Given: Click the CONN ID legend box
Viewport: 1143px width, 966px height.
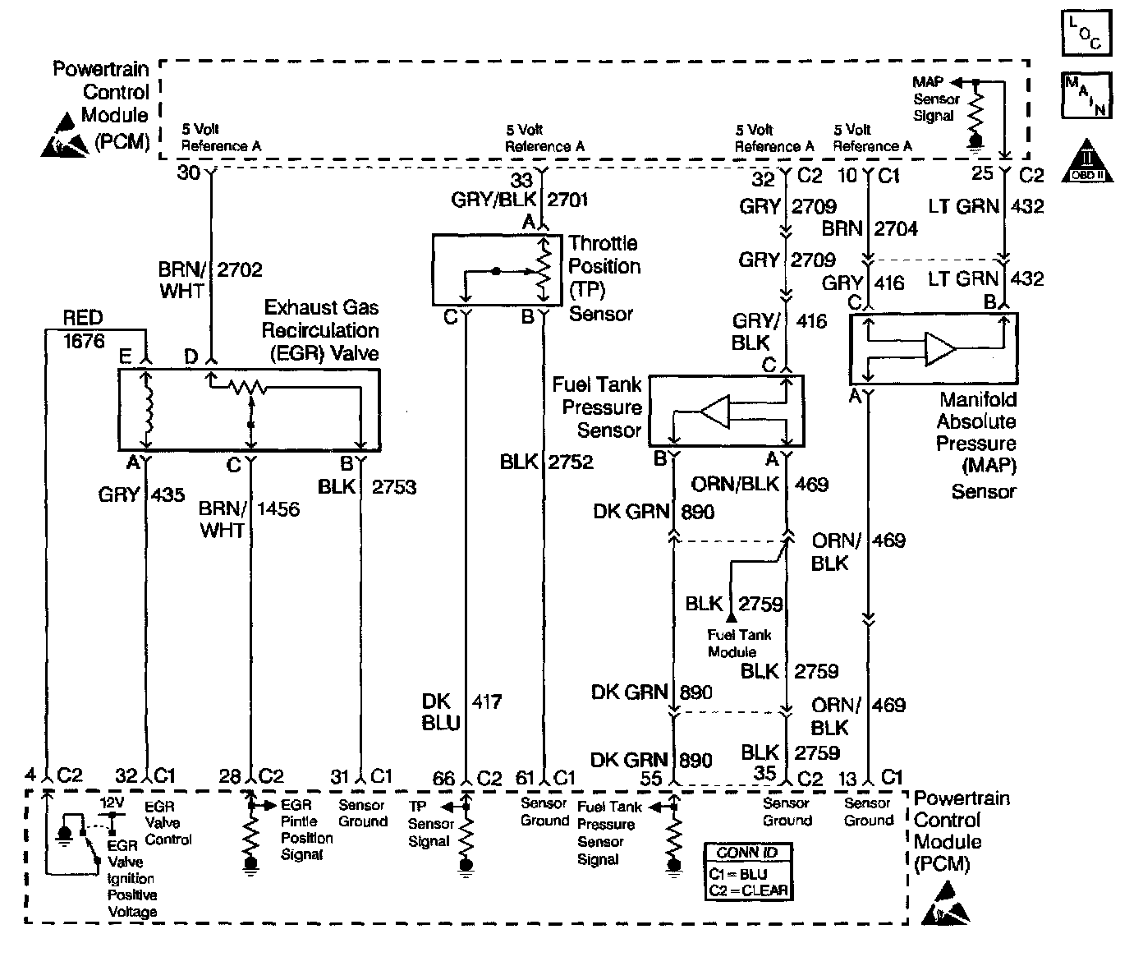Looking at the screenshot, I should pos(747,872).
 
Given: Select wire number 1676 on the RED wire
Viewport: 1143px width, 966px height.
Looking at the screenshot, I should pos(84,341).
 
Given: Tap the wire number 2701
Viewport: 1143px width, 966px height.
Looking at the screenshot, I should pos(567,199).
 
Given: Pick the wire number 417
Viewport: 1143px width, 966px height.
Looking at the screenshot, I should pos(486,701).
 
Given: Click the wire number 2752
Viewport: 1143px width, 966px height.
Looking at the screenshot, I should pos(571,462).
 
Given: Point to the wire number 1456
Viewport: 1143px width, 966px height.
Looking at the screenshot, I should pos(278,509).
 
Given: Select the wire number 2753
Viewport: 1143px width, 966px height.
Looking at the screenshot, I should pos(394,487).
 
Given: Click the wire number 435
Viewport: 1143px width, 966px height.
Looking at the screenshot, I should pos(168,494).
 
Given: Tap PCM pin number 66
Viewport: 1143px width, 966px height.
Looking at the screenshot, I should pos(443,777).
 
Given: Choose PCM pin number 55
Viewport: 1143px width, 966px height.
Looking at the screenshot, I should pos(650,777).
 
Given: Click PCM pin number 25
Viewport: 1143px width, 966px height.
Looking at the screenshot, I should pos(982,174).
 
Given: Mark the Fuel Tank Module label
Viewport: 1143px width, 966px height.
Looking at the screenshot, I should pos(739,643).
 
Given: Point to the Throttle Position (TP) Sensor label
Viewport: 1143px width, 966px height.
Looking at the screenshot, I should pos(604,278).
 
